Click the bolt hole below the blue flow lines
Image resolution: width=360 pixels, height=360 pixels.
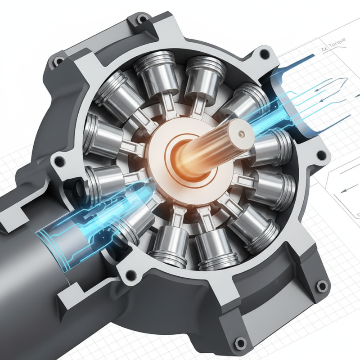pos(320,155)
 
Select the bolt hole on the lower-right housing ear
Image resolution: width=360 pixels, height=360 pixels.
pos(321,286)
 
